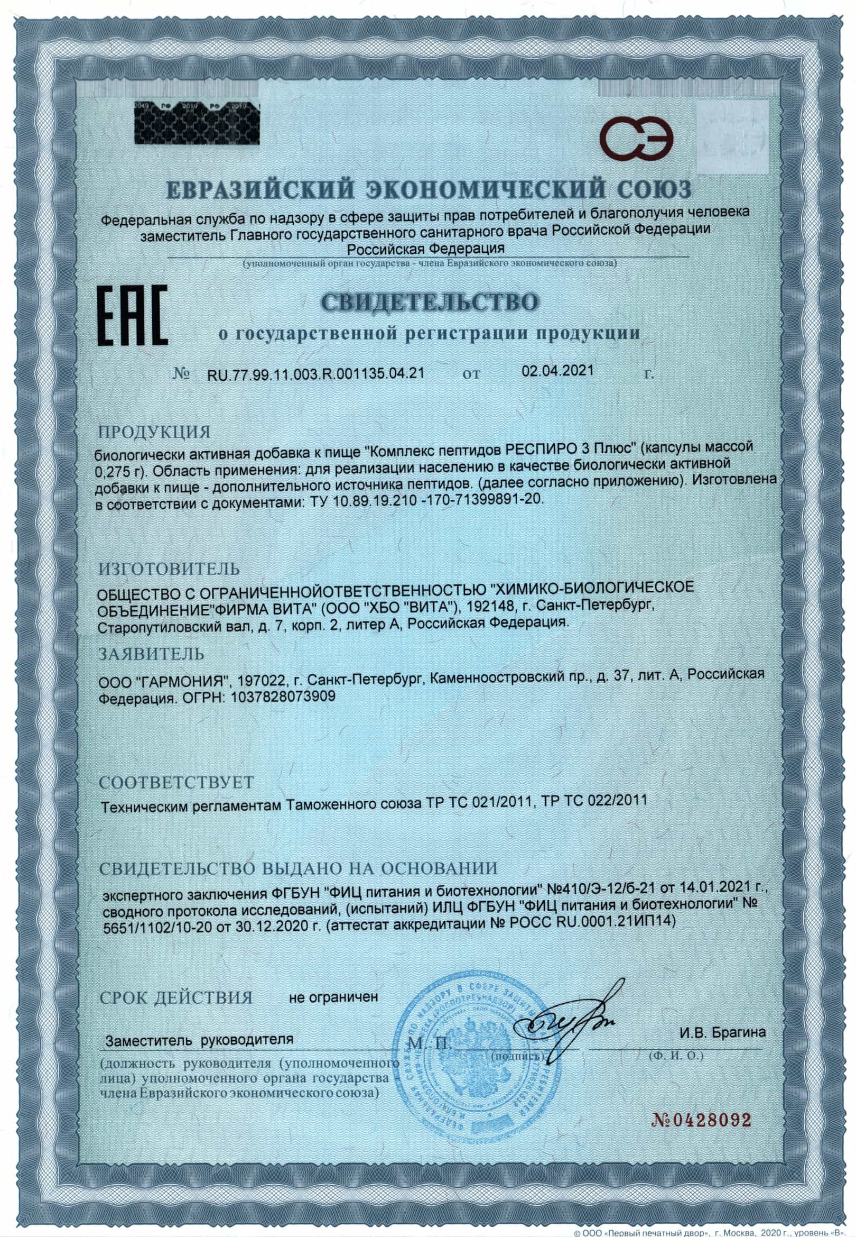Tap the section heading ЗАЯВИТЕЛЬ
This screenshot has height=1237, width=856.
152,654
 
